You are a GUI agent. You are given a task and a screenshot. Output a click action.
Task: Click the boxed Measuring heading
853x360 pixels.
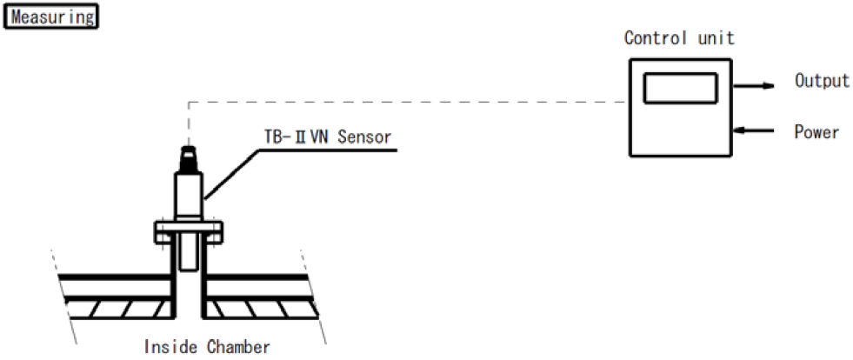[x=51, y=17]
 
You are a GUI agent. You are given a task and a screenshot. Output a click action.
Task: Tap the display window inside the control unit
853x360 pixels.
[x=680, y=88]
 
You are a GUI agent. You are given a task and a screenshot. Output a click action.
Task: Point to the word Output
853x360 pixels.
[x=821, y=81]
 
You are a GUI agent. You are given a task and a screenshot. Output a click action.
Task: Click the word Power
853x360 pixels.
[x=816, y=132]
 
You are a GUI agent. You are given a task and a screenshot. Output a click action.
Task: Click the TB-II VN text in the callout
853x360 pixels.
[x=293, y=137]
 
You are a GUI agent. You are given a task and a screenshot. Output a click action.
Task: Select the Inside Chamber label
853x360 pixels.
[x=206, y=347]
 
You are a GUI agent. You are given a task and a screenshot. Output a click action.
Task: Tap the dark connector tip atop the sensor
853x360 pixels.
[x=189, y=157]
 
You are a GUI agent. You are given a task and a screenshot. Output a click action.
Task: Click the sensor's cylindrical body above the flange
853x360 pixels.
[x=189, y=195]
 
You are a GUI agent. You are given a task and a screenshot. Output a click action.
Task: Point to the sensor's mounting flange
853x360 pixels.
[x=189, y=230]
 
